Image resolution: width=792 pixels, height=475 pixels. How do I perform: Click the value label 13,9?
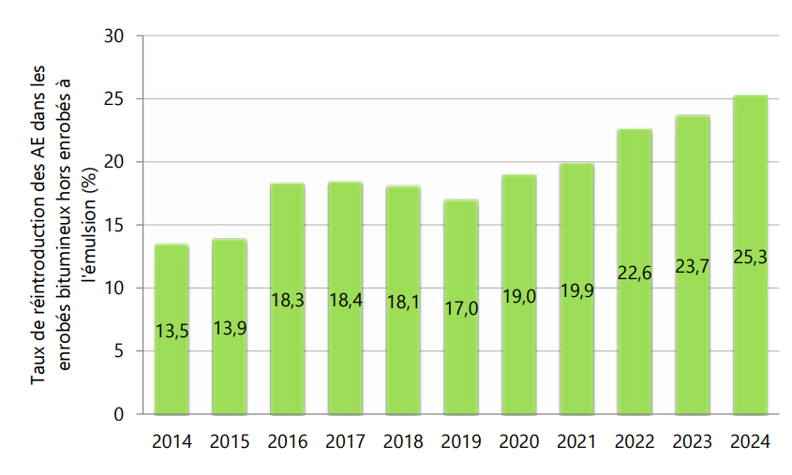click(230, 327)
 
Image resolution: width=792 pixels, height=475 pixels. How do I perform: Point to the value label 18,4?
click(346, 301)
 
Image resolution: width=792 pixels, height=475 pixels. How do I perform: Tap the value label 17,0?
click(461, 307)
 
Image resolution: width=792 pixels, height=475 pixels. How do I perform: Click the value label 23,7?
click(693, 266)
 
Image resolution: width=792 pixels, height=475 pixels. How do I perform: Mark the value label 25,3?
click(750, 256)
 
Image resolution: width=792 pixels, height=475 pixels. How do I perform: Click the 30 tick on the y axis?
click(115, 37)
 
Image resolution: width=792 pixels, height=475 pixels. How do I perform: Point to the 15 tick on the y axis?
click(115, 226)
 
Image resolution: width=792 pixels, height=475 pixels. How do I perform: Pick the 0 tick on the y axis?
click(120, 414)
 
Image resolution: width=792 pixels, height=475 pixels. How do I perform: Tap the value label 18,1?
click(403, 303)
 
